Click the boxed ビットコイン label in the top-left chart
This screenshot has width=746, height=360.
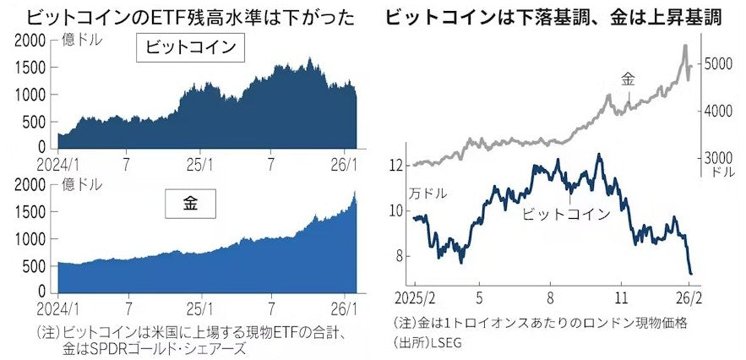190,51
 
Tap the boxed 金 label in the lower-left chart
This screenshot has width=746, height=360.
190,204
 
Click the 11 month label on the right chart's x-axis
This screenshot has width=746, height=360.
622,298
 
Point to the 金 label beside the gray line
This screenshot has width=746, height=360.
628,79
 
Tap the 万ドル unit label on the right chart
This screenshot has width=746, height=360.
427,194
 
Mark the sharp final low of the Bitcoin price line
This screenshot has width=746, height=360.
690,273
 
